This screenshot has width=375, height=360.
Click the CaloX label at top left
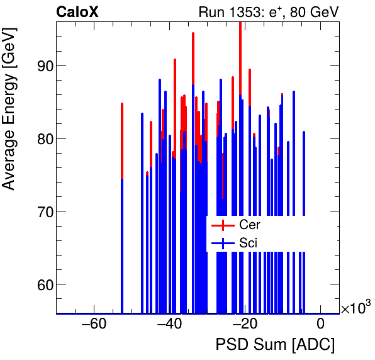[x=77, y=12]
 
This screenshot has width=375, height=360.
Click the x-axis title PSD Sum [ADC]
[x=275, y=345]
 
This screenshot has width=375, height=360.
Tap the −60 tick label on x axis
[x=93, y=324]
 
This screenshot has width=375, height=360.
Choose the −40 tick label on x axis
[x=169, y=324]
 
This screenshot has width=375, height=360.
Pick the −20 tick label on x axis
[x=244, y=324]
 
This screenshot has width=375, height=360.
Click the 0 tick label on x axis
[x=320, y=324]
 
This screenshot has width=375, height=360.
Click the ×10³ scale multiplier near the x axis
[x=355, y=307]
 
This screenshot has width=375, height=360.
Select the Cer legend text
[x=249, y=225]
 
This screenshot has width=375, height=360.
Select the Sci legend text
[x=248, y=242]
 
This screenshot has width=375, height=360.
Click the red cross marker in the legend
[x=223, y=225]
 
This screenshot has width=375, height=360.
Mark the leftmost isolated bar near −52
[x=122, y=208]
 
